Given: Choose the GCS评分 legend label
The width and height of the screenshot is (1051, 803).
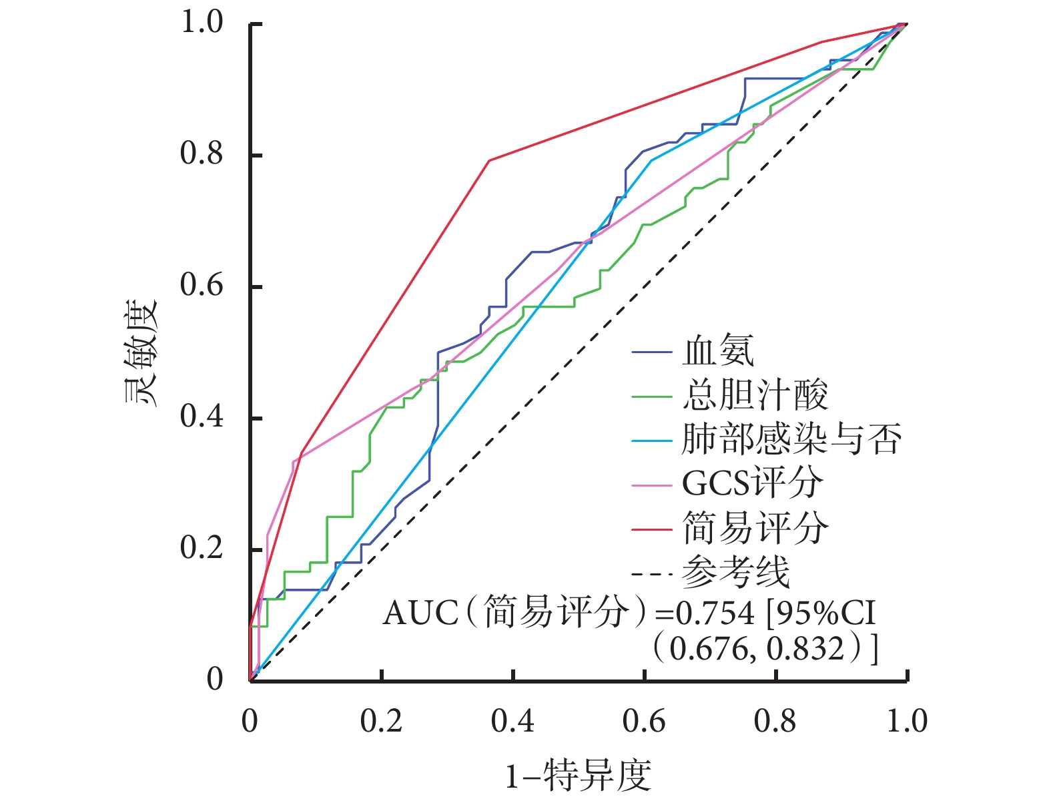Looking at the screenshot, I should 752,483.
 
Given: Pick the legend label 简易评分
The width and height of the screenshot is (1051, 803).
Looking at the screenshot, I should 755,528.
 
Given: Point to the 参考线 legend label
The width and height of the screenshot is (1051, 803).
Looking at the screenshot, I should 736,572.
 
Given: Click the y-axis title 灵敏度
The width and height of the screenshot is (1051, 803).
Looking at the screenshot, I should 141,352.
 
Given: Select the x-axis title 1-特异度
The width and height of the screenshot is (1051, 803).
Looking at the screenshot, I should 578,776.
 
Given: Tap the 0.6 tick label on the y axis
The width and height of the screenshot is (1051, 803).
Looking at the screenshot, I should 202,285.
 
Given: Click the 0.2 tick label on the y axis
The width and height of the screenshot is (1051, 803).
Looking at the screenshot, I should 202,548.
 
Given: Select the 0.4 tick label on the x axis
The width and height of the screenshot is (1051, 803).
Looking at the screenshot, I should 512,721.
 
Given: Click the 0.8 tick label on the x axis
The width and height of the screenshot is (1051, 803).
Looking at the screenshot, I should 775,721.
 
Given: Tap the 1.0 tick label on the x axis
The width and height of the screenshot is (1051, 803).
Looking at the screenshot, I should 906,721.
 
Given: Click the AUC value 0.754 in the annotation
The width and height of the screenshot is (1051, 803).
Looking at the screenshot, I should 715,613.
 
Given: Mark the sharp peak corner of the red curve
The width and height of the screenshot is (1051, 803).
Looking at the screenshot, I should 489,160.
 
